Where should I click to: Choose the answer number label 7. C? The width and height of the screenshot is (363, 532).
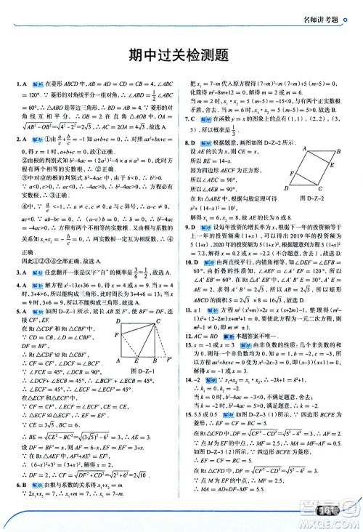coord(191,117)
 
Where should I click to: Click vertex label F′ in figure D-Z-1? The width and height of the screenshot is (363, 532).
coord(168,359)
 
